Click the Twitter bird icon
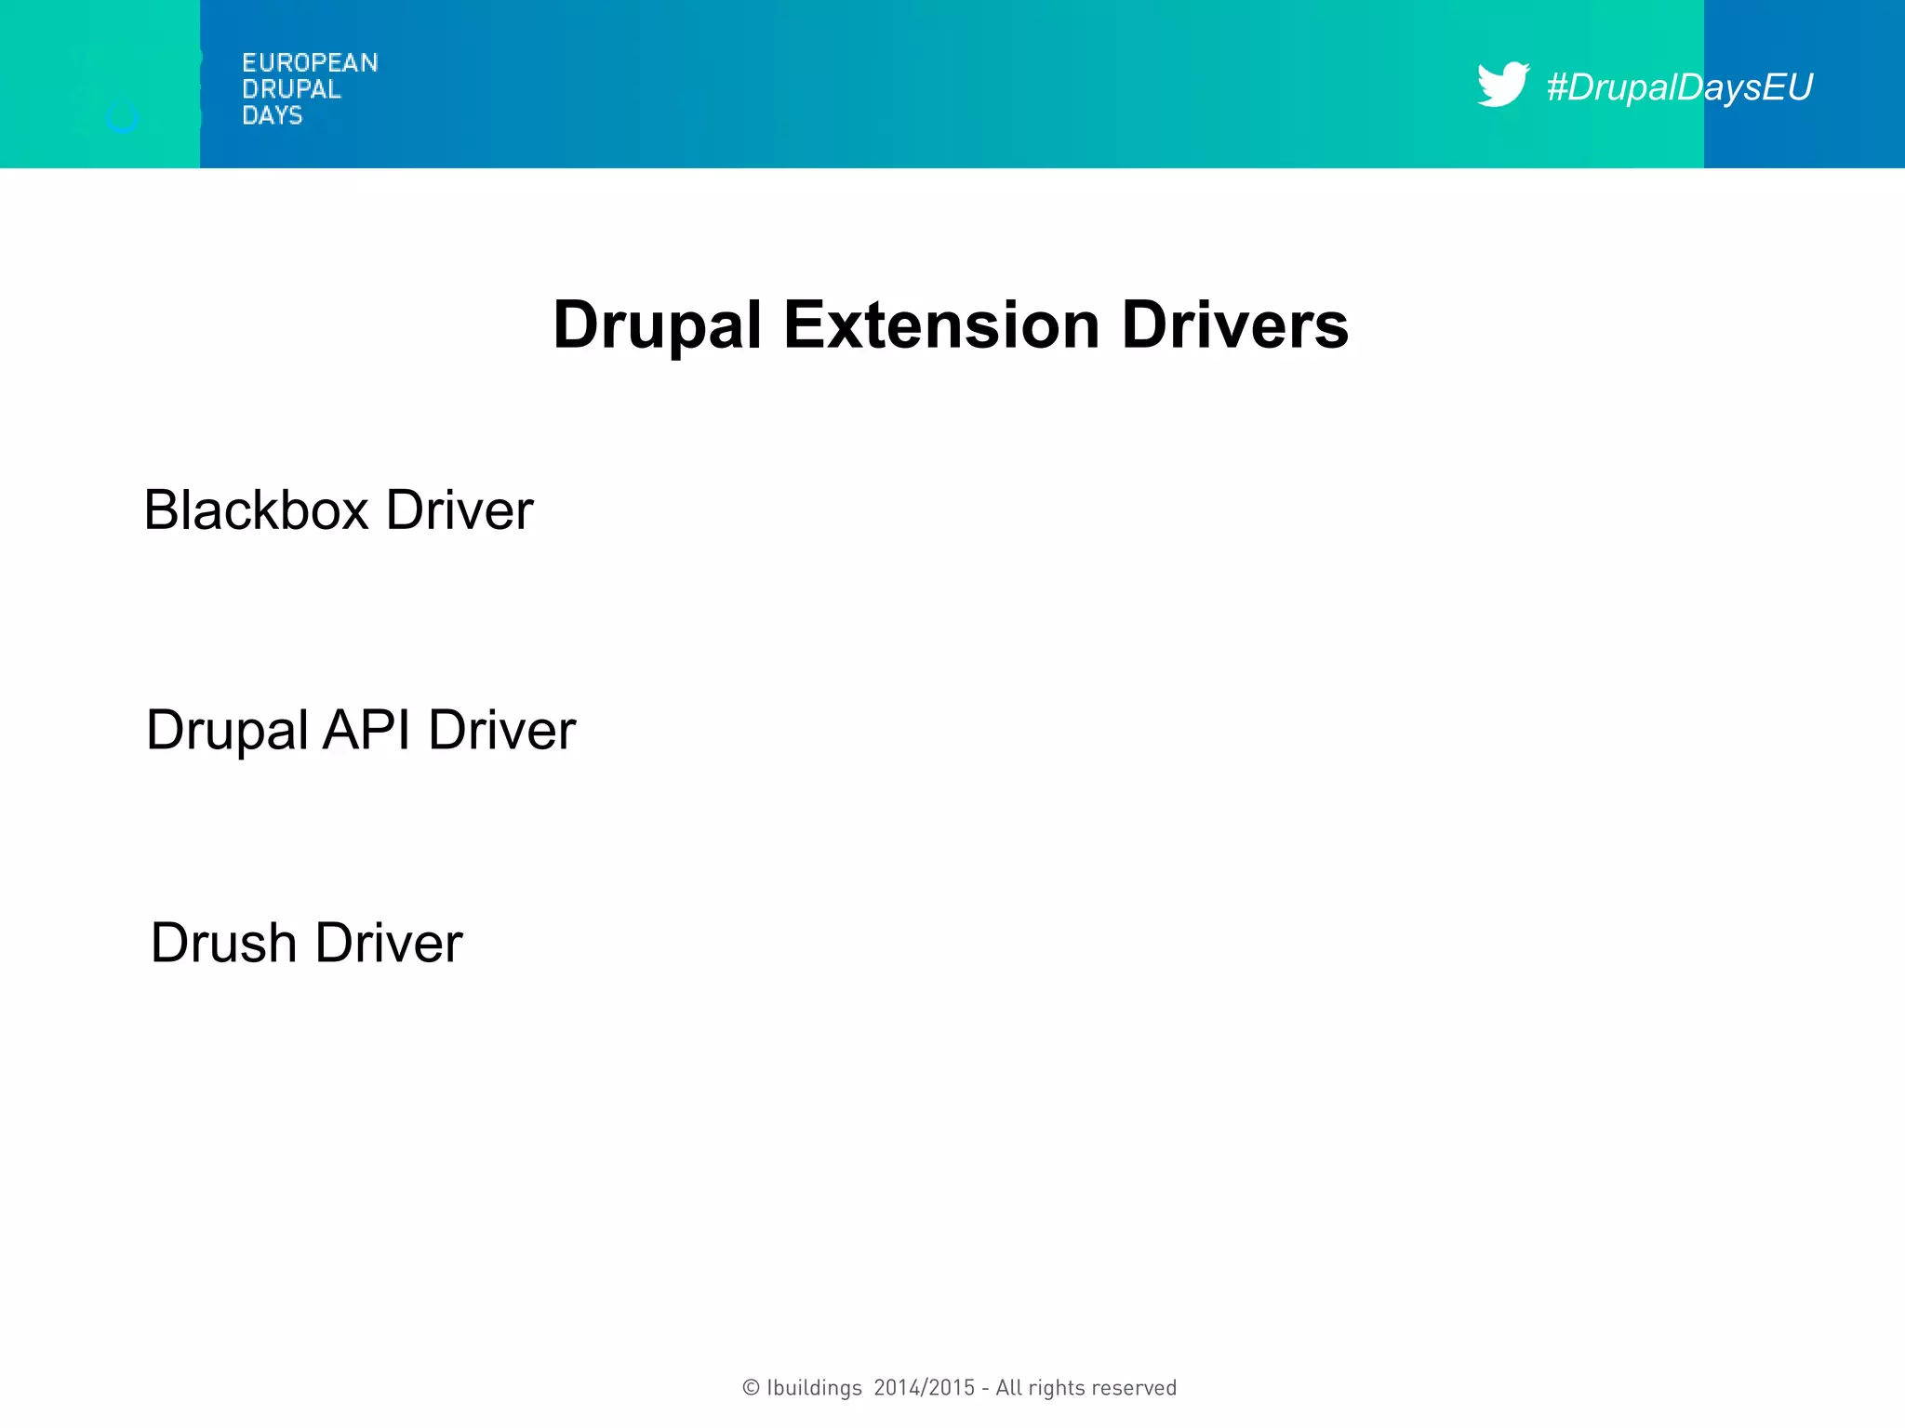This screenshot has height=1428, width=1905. [1501, 85]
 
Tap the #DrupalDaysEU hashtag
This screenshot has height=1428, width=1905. [1679, 86]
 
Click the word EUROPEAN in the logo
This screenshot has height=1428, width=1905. [310, 63]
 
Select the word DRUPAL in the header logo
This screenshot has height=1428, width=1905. [291, 89]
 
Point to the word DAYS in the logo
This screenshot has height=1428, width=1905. [272, 115]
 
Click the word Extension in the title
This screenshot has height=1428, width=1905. [941, 325]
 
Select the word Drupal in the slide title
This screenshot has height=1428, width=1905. [657, 325]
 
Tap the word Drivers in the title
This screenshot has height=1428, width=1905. [1234, 325]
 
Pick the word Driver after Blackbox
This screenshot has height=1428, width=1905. [460, 510]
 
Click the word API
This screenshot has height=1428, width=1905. [366, 730]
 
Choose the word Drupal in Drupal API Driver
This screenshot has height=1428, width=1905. [227, 730]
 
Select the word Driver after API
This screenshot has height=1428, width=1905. [502, 730]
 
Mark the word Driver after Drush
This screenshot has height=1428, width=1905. [389, 943]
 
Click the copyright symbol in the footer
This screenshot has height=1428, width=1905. [751, 1388]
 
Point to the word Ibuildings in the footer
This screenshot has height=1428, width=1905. [814, 1388]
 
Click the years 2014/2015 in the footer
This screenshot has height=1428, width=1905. [925, 1388]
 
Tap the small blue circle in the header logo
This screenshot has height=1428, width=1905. [122, 118]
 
